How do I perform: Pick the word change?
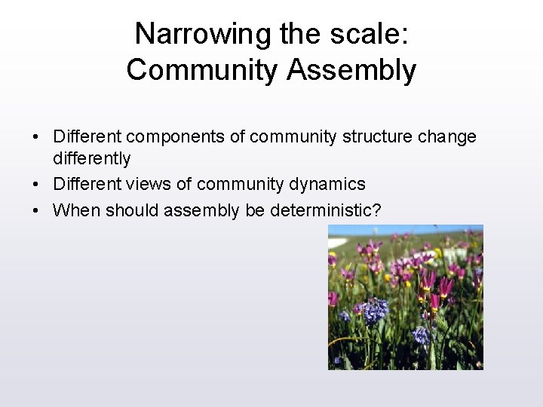tap(449, 137)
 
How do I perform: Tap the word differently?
tap(91, 159)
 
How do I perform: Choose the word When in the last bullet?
tap(76, 210)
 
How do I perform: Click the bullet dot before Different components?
tap(35, 138)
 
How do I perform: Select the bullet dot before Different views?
tap(35, 185)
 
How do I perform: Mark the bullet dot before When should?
tap(35, 211)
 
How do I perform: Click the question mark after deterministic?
tap(376, 210)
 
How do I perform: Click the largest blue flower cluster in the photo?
tap(375, 310)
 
